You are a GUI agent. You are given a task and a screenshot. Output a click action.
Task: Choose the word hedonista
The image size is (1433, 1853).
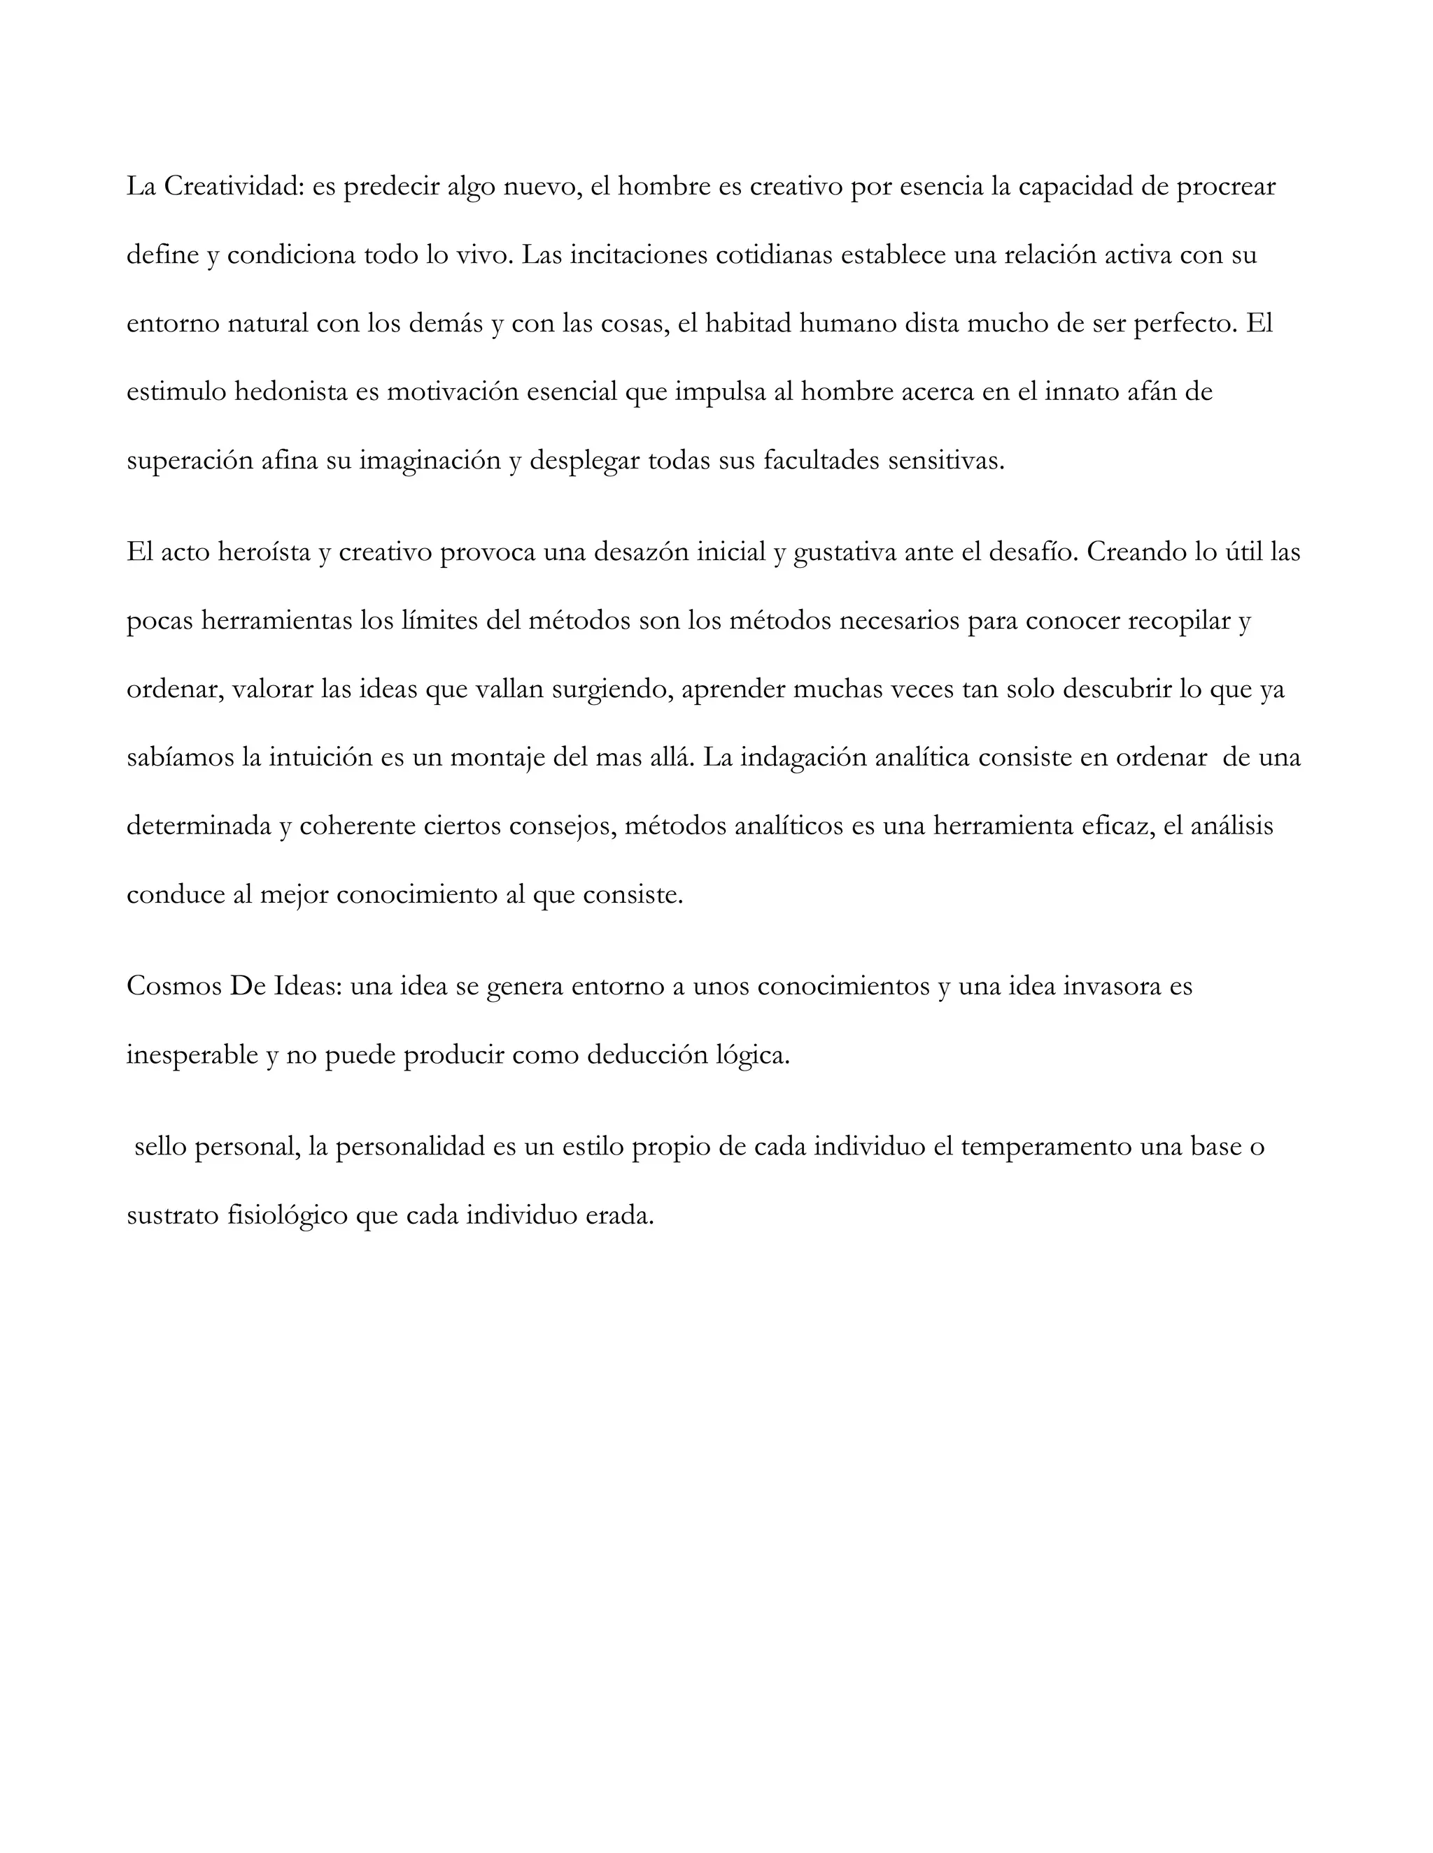pyautogui.click(x=290, y=392)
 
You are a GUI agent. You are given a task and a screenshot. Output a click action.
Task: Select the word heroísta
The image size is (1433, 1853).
pyautogui.click(x=264, y=552)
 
